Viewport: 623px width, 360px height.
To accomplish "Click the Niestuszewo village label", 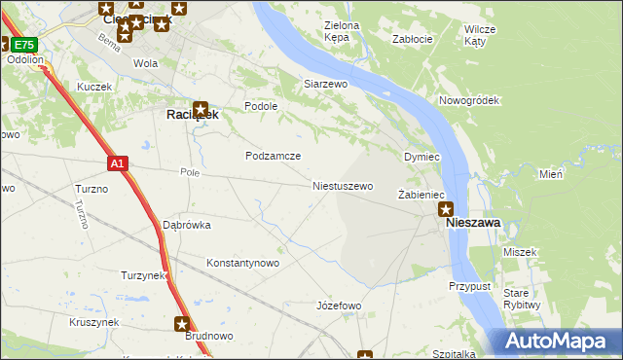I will (343, 185).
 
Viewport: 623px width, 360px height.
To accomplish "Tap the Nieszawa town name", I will (473, 223).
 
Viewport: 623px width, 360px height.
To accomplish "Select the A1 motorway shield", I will (117, 164).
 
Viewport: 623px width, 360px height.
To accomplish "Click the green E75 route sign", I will (25, 45).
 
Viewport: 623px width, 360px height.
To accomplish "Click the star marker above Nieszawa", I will (446, 207).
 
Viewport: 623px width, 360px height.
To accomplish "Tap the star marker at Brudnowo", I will (182, 323).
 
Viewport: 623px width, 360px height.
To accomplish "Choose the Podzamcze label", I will (273, 156).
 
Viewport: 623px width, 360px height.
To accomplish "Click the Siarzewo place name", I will (325, 85).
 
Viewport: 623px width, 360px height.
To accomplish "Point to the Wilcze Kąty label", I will (481, 35).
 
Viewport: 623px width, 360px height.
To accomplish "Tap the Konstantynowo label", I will (243, 263).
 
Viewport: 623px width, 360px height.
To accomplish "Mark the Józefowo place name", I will (339, 306).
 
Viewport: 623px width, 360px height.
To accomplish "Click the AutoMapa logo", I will (556, 342).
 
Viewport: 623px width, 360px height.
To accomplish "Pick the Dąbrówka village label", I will (187, 225).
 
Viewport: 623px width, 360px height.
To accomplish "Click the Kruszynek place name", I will (94, 321).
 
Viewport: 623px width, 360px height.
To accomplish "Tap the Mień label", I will (551, 174).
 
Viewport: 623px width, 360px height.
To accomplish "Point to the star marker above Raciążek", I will (200, 110).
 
